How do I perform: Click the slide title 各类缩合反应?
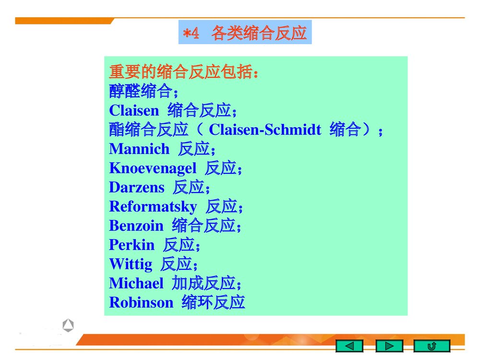pyautogui.click(x=259, y=33)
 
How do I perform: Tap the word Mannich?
pyautogui.click(x=139, y=149)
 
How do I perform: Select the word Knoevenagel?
pyautogui.click(x=153, y=168)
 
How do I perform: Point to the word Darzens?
pyautogui.click(x=136, y=187)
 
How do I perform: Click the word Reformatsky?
pyautogui.click(x=153, y=207)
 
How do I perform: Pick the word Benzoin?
pyautogui.click(x=136, y=226)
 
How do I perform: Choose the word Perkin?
pyautogui.click(x=132, y=245)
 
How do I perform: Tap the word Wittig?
pyautogui.click(x=131, y=264)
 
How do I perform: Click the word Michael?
pyautogui.click(x=136, y=283)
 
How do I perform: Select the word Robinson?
pyautogui.click(x=141, y=303)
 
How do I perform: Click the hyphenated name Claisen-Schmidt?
pyautogui.click(x=265, y=130)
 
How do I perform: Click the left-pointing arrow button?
pyautogui.click(x=349, y=346)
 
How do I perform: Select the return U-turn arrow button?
pyautogui.click(x=432, y=346)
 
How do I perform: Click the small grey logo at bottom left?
pyautogui.click(x=68, y=326)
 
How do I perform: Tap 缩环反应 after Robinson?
pyautogui.click(x=214, y=303)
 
